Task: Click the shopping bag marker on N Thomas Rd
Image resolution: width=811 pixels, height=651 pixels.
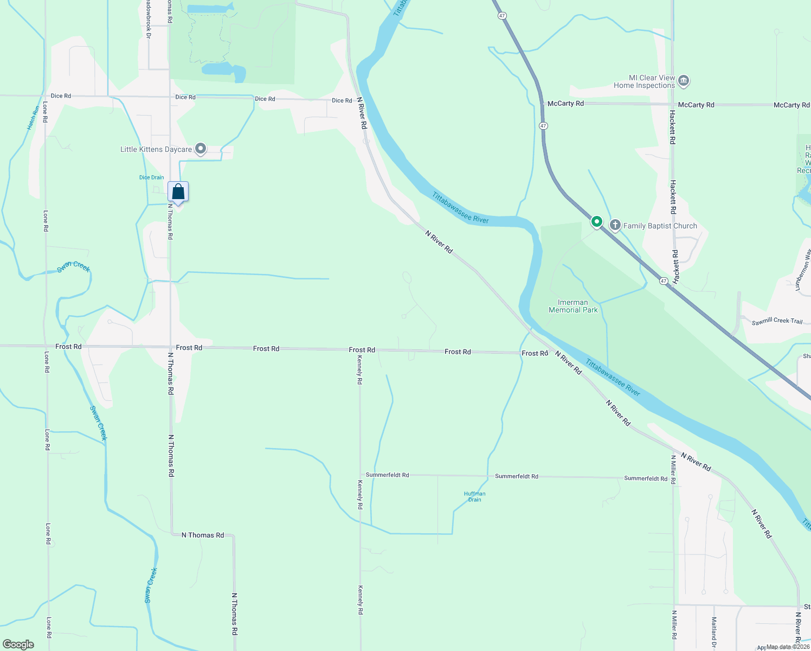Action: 178,192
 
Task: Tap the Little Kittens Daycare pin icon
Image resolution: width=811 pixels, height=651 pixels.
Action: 201,148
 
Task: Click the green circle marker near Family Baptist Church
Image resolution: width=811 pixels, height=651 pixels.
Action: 596,221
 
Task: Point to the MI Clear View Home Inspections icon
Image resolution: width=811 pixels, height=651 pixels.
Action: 683,81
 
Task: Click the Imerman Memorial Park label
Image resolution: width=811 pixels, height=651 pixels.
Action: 573,307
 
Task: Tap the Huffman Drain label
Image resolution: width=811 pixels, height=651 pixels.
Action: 474,496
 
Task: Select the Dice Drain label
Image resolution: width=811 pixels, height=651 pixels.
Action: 151,177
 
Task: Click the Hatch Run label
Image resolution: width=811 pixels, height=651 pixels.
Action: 32,118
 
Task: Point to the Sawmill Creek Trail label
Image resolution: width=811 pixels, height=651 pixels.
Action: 777,321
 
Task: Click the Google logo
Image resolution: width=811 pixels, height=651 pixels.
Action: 18,644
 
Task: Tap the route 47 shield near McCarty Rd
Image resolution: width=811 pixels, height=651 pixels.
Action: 543,126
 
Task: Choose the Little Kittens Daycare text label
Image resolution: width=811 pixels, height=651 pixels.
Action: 156,149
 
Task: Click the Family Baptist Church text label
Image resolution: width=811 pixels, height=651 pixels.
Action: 660,226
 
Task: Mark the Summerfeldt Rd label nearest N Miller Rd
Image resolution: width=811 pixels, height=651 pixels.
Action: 646,478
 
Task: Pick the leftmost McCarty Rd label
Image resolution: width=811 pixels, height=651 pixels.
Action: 565,104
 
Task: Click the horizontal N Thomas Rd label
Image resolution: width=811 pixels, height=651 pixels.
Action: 202,535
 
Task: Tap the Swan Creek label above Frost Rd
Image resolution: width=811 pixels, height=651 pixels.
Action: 74,266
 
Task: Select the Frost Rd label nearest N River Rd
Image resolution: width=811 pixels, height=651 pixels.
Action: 535,353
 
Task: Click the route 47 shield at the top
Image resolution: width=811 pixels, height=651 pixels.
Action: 503,16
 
